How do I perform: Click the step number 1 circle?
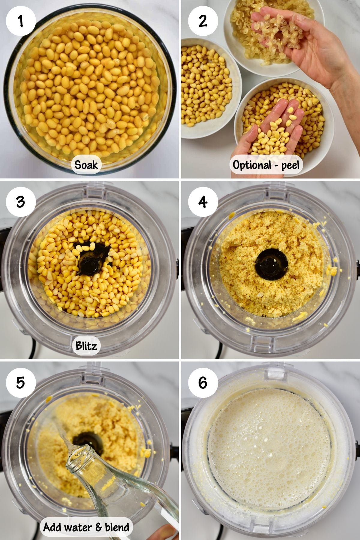pyautogui.click(x=21, y=21)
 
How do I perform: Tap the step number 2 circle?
pyautogui.click(x=203, y=21)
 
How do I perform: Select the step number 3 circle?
pyautogui.click(x=21, y=202)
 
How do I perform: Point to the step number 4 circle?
pyautogui.click(x=203, y=202)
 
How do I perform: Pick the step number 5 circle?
pyautogui.click(x=21, y=382)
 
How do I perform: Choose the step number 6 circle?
pyautogui.click(x=203, y=382)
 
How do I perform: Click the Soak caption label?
pyautogui.click(x=86, y=165)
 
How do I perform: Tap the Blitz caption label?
pyautogui.click(x=86, y=346)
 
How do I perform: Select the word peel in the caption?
pyautogui.click(x=290, y=165)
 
